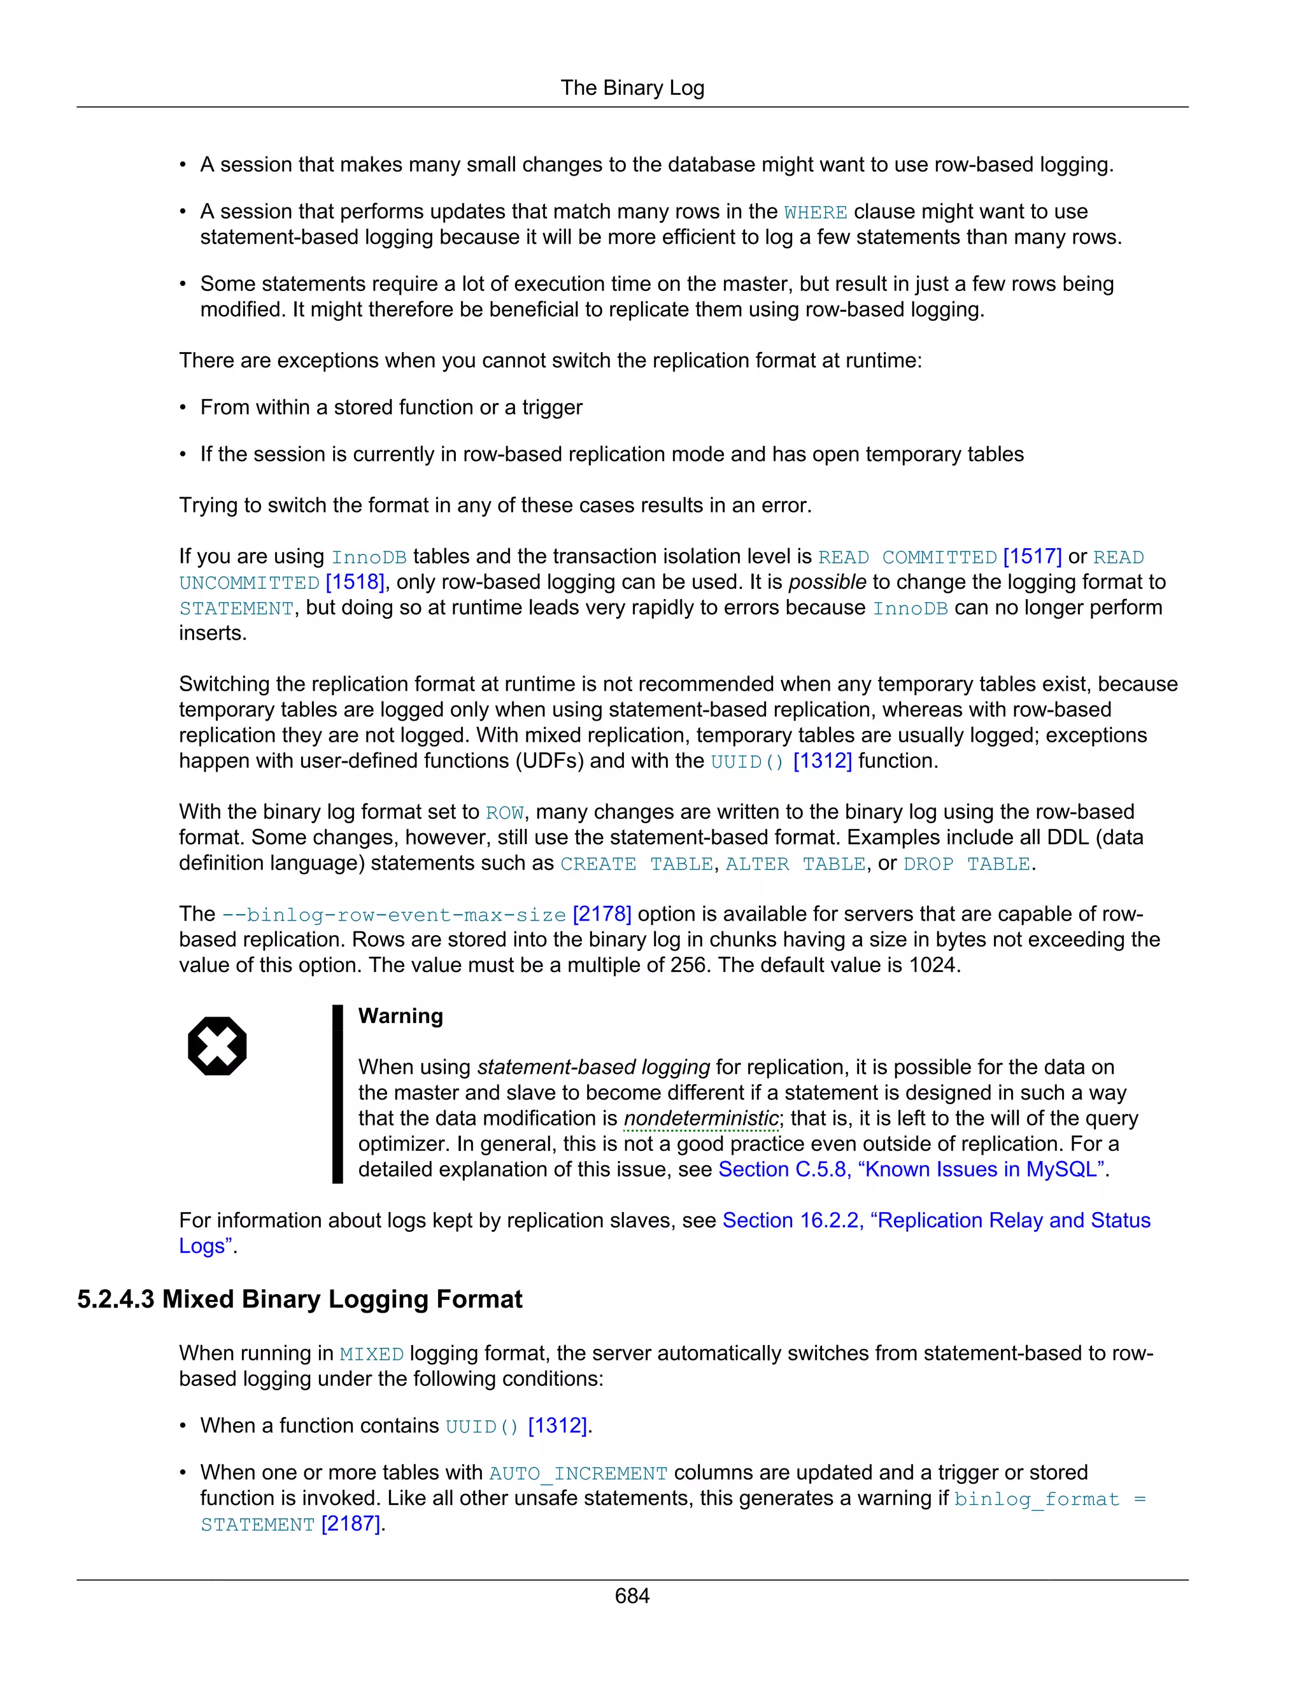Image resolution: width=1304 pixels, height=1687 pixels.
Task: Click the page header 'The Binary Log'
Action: click(x=632, y=88)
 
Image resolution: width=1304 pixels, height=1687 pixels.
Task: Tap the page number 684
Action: click(x=632, y=1596)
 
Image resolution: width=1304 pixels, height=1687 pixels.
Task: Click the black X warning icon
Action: click(x=217, y=1046)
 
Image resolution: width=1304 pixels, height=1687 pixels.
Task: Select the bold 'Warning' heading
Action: click(x=400, y=1016)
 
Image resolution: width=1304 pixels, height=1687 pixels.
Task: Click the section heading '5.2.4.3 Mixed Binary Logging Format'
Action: click(x=300, y=1299)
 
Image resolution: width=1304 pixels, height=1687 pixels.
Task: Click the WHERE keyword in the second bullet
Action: click(x=815, y=213)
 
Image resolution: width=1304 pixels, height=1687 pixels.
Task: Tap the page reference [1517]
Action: click(x=1032, y=557)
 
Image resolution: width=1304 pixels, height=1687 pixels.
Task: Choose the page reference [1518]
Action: click(x=355, y=582)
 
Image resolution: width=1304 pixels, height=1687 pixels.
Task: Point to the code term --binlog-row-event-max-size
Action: click(x=394, y=915)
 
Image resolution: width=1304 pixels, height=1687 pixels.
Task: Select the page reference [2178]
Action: click(x=602, y=915)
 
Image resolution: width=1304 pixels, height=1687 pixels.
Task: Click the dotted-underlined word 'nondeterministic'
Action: click(x=700, y=1119)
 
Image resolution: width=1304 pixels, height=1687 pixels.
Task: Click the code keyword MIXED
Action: click(x=372, y=1355)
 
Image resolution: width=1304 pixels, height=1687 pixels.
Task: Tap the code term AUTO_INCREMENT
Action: click(x=578, y=1474)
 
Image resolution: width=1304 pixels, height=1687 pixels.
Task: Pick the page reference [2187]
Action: click(x=351, y=1524)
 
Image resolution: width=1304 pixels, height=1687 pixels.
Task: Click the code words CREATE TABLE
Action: click(x=637, y=865)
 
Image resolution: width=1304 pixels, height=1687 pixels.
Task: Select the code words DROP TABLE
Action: click(x=967, y=865)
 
